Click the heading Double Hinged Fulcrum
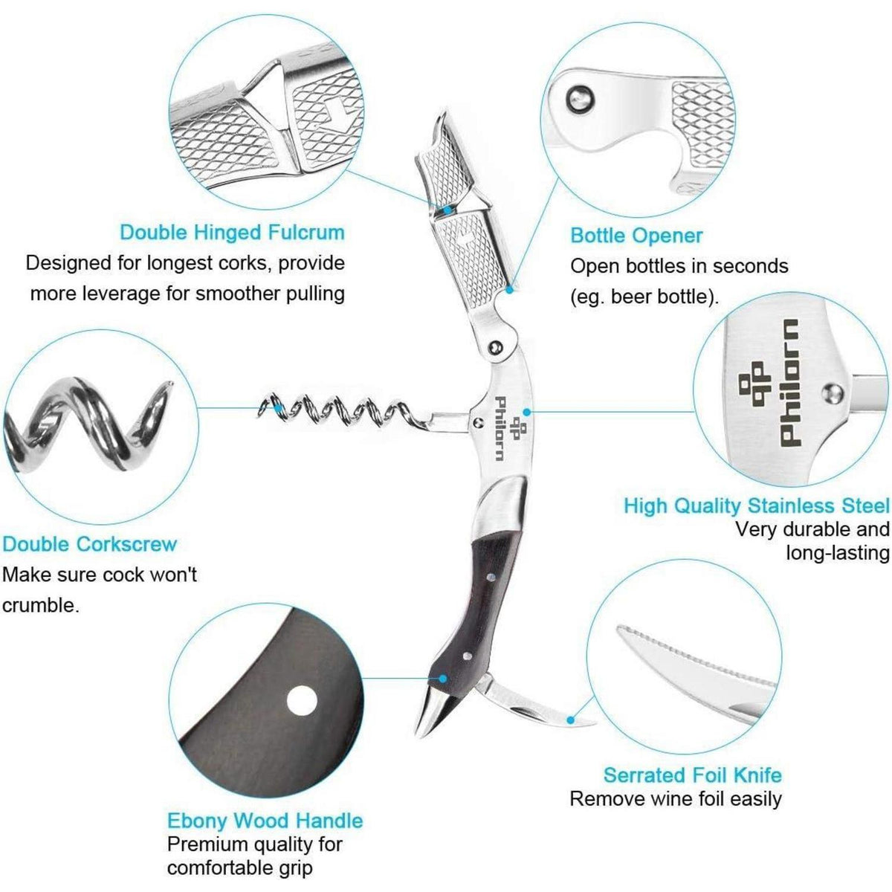[233, 233]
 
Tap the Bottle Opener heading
[636, 236]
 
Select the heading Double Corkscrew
[89, 544]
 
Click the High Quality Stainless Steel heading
[757, 505]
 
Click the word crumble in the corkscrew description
[40, 606]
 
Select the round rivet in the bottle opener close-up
[580, 97]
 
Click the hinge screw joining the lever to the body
[497, 346]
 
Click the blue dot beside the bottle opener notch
[509, 290]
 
